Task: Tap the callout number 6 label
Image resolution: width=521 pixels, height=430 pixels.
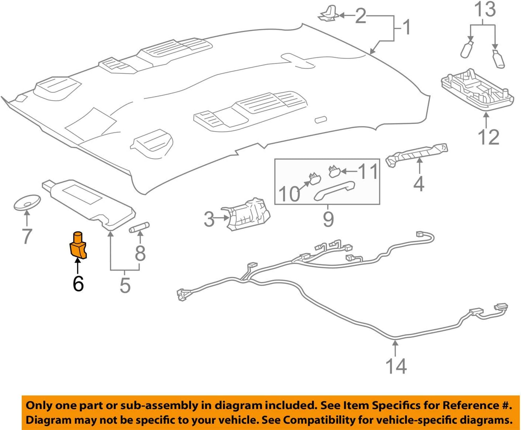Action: tap(78, 284)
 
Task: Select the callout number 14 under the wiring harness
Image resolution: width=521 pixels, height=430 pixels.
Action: tap(396, 366)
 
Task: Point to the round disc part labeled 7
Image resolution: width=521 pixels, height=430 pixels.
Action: tap(27, 203)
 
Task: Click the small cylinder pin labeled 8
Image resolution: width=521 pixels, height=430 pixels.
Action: tap(139, 227)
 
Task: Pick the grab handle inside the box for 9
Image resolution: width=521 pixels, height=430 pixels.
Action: tap(334, 190)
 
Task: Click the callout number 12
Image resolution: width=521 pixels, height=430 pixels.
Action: tap(488, 137)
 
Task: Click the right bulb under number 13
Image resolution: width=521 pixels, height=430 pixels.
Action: tap(499, 59)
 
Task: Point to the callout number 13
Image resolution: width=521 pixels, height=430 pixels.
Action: tap(485, 10)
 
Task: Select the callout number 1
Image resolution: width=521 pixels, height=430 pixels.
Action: tap(406, 28)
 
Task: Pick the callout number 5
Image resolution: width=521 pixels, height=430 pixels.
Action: tap(125, 286)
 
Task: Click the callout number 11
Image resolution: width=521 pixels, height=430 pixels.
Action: tap(368, 172)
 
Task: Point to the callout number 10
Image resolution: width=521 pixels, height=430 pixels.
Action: tap(289, 194)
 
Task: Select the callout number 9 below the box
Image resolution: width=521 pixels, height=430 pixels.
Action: tap(328, 219)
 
